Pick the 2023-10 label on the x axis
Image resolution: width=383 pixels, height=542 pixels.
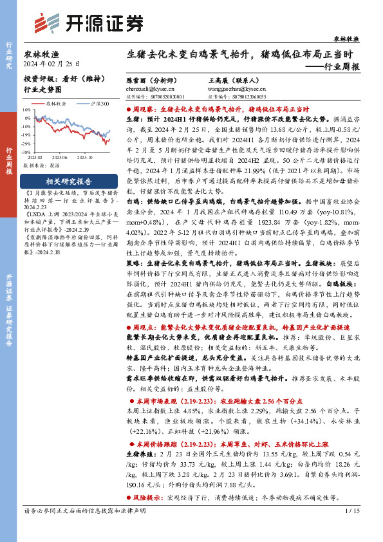[x=86, y=156]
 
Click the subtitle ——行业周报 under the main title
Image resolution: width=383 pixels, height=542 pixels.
[x=332, y=66]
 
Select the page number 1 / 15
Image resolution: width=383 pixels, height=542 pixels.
[x=353, y=529]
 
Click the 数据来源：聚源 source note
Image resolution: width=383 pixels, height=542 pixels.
[x=41, y=165]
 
